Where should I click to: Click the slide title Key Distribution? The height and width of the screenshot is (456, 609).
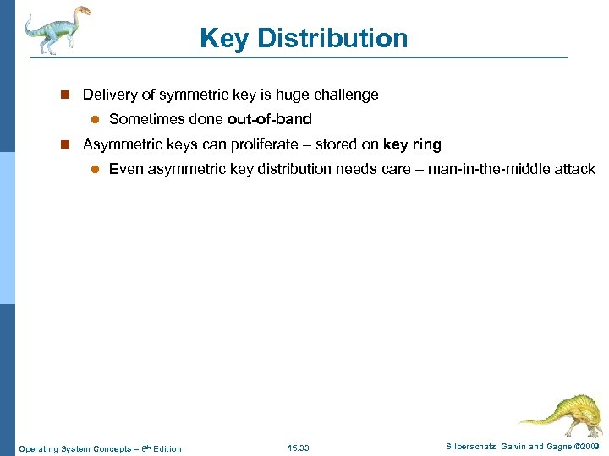point(304,38)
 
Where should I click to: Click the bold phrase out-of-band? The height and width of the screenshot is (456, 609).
point(269,119)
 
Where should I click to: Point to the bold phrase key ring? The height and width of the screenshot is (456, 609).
point(412,144)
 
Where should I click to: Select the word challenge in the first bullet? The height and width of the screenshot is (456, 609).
point(347,95)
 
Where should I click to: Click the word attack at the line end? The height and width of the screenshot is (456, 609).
point(575,169)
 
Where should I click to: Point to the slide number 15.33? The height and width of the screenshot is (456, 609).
point(299,448)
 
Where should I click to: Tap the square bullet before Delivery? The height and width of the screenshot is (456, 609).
point(64,95)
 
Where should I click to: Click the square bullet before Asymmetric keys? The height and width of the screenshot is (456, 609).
point(64,145)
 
